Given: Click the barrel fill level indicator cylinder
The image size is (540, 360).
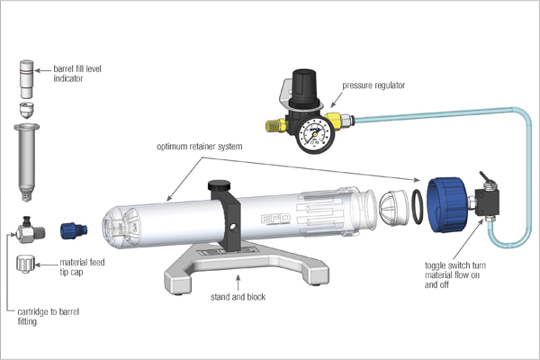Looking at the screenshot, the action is pyautogui.click(x=27, y=79).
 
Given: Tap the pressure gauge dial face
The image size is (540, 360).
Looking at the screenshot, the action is pyautogui.click(x=313, y=135).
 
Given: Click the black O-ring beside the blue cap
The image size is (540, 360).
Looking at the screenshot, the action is pyautogui.click(x=418, y=207).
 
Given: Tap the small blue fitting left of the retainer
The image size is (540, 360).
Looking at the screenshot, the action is pyautogui.click(x=74, y=229).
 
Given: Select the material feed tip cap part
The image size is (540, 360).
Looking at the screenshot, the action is pyautogui.click(x=26, y=264).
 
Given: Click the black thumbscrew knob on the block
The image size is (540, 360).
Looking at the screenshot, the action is pyautogui.click(x=220, y=185).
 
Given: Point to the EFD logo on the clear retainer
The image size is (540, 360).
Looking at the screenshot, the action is pyautogui.click(x=276, y=219).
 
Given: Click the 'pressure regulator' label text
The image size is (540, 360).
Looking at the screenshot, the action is pyautogui.click(x=373, y=85).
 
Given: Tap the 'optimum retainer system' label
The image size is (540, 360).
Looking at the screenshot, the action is pyautogui.click(x=200, y=147).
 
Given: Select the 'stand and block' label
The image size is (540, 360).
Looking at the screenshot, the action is pyautogui.click(x=238, y=297).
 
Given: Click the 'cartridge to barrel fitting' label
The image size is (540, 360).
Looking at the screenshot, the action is pyautogui.click(x=49, y=317).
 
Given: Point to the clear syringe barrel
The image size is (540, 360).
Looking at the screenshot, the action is pyautogui.click(x=26, y=163).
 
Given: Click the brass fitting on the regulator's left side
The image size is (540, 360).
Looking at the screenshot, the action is pyautogui.click(x=275, y=125).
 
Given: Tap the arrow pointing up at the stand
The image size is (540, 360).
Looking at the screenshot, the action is pyautogui.click(x=238, y=283).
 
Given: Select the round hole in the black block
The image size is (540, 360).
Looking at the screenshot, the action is pyautogui.click(x=233, y=227).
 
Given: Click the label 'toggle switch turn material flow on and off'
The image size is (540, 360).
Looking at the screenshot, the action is pyautogui.click(x=455, y=274).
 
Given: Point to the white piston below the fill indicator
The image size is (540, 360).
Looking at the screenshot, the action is pyautogui.click(x=26, y=111).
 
